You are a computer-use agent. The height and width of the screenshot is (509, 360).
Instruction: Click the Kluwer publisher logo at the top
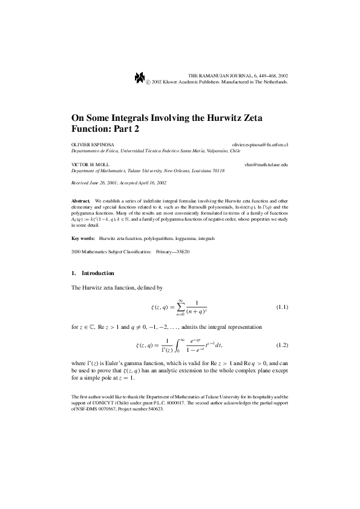(140, 77)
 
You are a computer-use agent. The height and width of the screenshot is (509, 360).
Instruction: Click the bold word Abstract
(80, 199)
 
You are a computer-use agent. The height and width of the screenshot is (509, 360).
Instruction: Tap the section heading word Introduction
(97, 273)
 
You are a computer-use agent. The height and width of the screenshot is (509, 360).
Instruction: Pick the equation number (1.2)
(282, 345)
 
